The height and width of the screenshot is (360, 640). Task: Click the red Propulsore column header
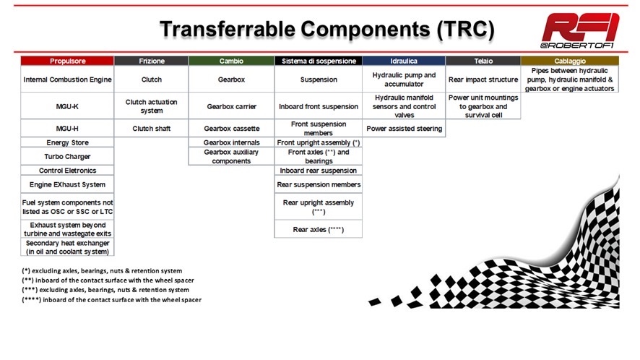coord(67,61)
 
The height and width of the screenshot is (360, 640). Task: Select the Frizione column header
coord(152,61)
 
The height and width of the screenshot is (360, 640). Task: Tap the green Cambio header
coord(231,61)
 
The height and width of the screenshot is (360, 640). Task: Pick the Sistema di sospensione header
coord(319,61)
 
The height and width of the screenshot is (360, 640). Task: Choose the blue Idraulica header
coord(404,61)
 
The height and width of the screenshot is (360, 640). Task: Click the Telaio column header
coord(483,61)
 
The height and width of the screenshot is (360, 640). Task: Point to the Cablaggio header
coord(570,61)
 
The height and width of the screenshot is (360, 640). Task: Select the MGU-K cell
coord(67,106)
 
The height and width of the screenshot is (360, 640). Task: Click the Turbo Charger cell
coord(67,156)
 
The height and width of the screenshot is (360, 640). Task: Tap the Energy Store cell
coord(67,142)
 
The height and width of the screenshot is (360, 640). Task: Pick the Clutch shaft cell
coord(152,128)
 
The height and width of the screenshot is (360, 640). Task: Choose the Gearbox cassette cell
coord(231,128)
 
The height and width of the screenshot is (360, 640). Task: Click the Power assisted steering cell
coord(404,128)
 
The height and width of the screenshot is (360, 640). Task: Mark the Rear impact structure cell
coord(483,80)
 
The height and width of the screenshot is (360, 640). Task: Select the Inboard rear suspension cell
coord(319,171)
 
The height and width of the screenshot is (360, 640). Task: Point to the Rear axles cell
coord(319,229)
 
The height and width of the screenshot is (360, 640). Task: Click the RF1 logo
coord(580,27)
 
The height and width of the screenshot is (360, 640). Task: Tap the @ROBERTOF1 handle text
coord(576,46)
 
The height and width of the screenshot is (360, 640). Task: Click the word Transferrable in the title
coord(228,30)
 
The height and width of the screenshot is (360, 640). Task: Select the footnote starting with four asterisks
coord(111,299)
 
